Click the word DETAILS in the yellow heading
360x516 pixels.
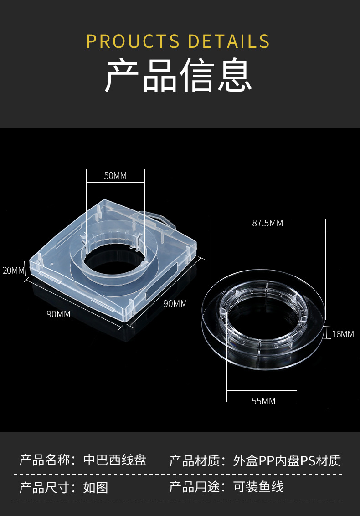click(x=229, y=41)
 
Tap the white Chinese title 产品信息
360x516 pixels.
click(x=179, y=76)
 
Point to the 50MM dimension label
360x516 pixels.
click(x=115, y=176)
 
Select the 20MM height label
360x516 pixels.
click(x=13, y=270)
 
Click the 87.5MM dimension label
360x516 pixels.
click(x=267, y=223)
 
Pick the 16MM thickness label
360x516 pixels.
click(x=343, y=334)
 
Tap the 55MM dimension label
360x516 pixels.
click(x=263, y=401)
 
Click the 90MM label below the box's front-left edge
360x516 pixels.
click(x=58, y=314)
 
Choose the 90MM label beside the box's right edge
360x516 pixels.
click(x=175, y=303)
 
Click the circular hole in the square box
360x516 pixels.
click(x=117, y=262)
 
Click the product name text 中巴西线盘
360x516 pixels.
click(x=115, y=460)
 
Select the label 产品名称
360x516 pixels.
click(x=45, y=460)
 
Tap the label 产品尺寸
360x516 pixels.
click(x=45, y=487)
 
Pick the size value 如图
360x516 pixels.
click(x=96, y=487)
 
